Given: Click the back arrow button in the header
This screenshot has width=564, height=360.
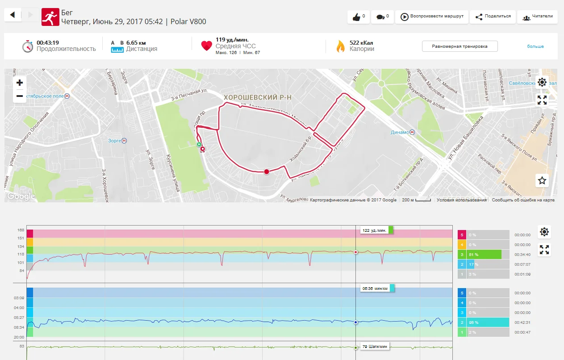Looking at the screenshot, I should [x=13, y=15].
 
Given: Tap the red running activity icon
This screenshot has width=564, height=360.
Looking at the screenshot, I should [x=50, y=17].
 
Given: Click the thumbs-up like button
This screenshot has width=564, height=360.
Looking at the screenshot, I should [x=359, y=17].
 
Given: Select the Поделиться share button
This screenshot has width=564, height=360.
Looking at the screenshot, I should [x=493, y=17].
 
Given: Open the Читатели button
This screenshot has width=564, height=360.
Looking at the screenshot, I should [x=538, y=17].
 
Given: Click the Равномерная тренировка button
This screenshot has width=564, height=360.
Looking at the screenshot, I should [x=460, y=46].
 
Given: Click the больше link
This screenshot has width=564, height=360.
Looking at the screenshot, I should [x=535, y=46].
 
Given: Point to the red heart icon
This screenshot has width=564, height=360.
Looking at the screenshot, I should [x=206, y=46].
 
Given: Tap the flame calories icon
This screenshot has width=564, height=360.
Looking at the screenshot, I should [x=341, y=46].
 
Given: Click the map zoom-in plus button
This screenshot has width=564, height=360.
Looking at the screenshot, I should [x=20, y=83].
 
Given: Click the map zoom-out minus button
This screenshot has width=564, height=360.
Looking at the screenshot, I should [x=20, y=96].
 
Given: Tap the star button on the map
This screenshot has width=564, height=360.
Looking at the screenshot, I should [x=542, y=180].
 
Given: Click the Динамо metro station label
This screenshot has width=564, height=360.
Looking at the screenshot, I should [x=400, y=132].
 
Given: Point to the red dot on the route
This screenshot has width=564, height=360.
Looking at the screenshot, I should [x=267, y=172].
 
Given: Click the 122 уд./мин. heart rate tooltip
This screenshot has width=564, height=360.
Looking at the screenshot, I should [x=375, y=230].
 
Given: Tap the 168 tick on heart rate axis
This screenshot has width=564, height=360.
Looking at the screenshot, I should [x=21, y=230].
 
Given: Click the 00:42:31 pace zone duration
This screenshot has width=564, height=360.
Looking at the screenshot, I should [x=522, y=322].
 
